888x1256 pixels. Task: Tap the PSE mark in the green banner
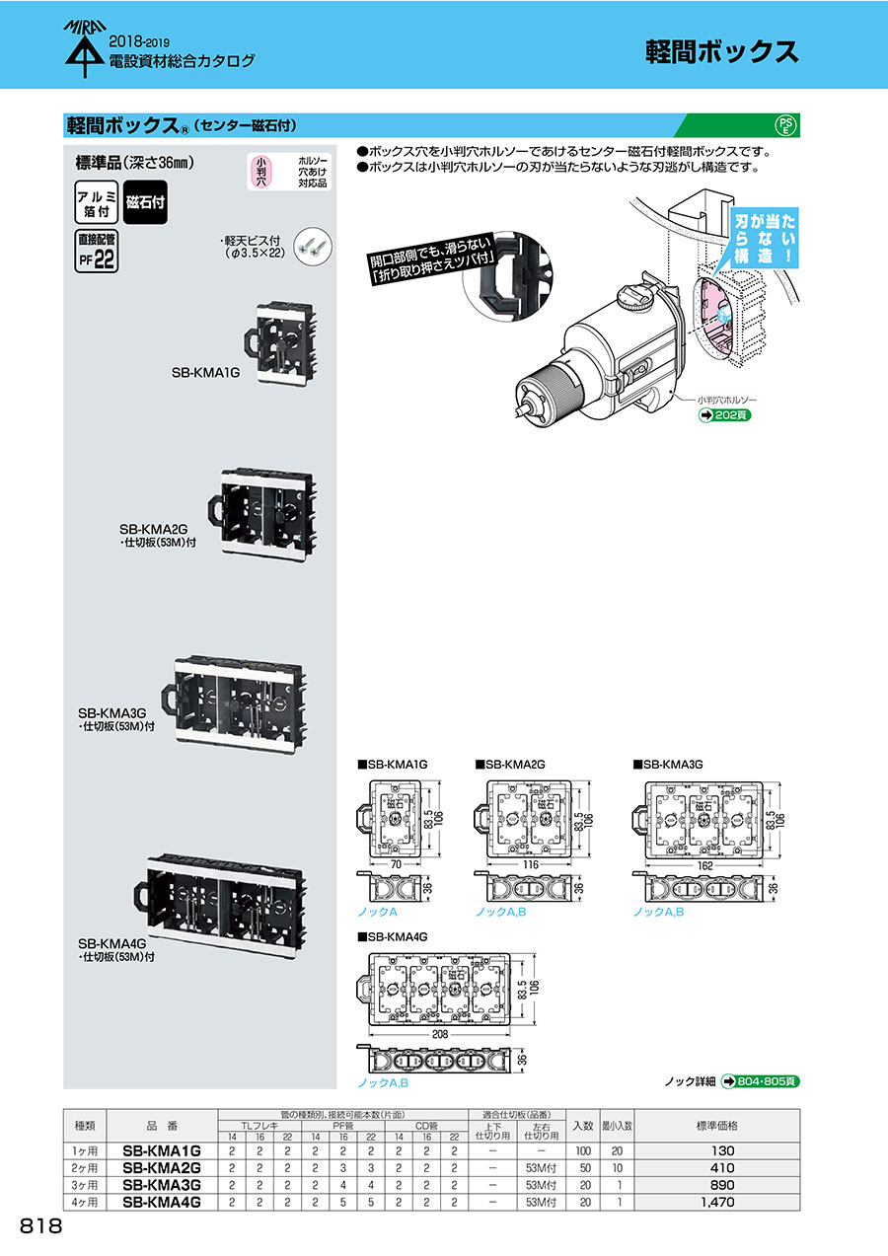click(x=785, y=125)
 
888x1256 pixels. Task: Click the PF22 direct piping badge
click(x=97, y=252)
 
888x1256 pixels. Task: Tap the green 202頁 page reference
click(x=724, y=415)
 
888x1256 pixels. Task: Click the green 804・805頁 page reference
click(x=761, y=1081)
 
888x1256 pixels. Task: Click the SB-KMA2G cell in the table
click(x=161, y=1167)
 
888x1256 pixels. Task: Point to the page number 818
click(x=40, y=1226)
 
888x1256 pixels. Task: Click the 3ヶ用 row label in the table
click(x=85, y=1185)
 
